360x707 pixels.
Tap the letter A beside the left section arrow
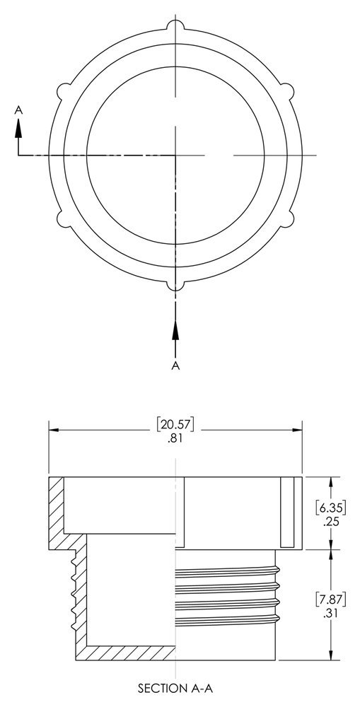click(19, 110)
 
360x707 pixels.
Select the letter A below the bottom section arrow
click(175, 365)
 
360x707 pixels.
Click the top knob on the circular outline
click(175, 26)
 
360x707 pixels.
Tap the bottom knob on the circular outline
click(175, 284)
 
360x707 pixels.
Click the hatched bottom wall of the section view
click(127, 653)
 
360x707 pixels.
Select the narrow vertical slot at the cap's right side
click(286, 513)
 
